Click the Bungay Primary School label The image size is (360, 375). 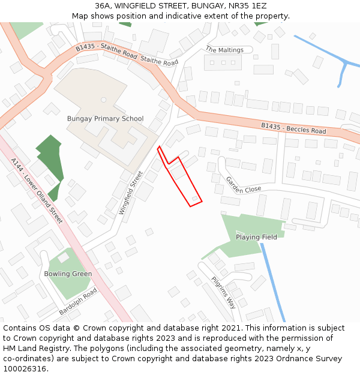(x=106, y=119)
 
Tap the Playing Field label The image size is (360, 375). (x=256, y=237)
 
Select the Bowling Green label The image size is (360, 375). (x=68, y=274)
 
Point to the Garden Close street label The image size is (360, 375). (x=243, y=185)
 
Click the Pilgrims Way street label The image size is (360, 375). (x=224, y=292)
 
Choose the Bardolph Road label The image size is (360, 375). (x=78, y=302)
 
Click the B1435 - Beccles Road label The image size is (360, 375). (x=293, y=128)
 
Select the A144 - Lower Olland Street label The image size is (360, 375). (x=37, y=191)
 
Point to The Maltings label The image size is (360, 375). (x=224, y=50)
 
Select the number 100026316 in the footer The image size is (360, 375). (x=25, y=369)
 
